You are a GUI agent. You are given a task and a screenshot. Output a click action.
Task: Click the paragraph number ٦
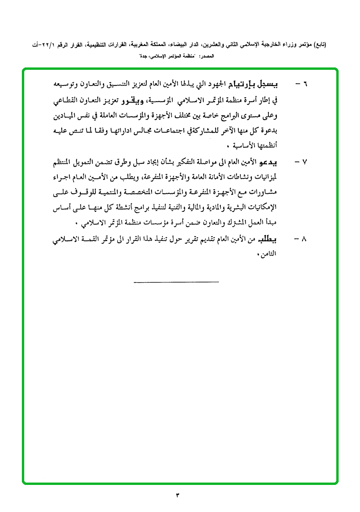point(305,84)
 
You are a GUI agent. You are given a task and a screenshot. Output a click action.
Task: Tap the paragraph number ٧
point(305,162)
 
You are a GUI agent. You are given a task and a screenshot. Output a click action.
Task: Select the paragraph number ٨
point(305,238)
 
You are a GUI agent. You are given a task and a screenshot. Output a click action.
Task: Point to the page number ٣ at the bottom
point(178,496)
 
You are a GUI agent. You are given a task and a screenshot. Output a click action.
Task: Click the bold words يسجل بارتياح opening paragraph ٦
point(260,84)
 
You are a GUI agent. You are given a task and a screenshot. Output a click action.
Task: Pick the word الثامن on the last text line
point(280,254)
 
